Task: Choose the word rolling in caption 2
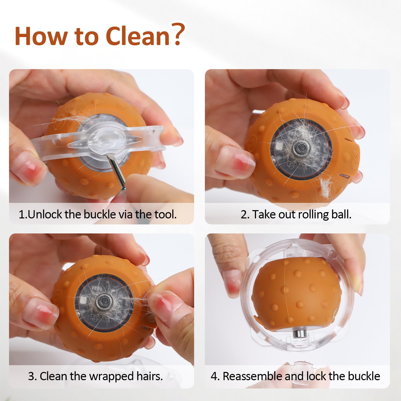[313, 215]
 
